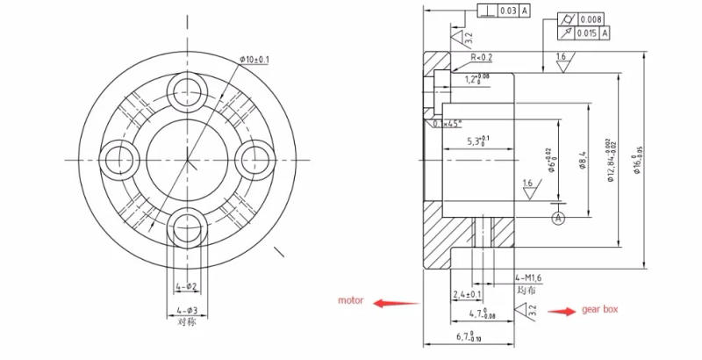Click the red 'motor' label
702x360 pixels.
351,301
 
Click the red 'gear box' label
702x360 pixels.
599,310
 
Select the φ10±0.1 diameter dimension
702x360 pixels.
254,60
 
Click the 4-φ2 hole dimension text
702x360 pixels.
186,286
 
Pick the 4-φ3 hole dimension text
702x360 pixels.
186,310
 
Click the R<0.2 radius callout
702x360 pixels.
482,57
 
